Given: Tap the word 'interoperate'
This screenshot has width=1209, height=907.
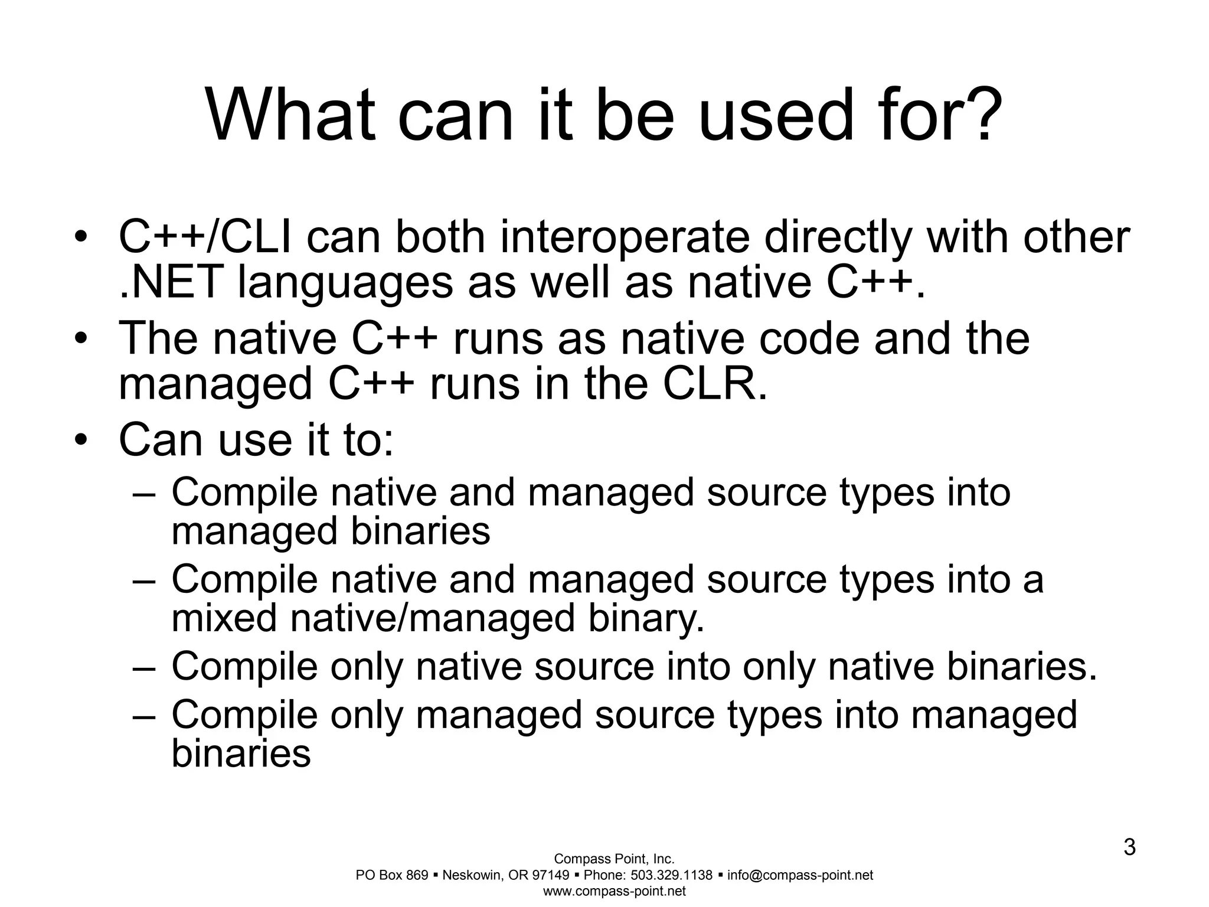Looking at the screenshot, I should tap(625, 238).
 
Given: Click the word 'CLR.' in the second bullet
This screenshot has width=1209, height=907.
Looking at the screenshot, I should tap(715, 384).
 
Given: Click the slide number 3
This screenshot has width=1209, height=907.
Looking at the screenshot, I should tap(1129, 848).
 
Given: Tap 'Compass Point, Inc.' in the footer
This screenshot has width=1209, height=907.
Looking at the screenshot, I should tap(614, 859).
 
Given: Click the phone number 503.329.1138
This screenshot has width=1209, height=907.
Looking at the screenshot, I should tap(672, 875).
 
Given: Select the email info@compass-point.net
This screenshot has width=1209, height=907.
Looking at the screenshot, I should tap(800, 875).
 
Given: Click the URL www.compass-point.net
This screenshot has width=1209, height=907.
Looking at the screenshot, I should tap(614, 891).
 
